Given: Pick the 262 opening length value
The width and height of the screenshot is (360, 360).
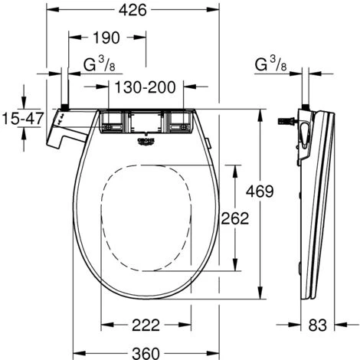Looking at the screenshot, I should click(234, 218).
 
